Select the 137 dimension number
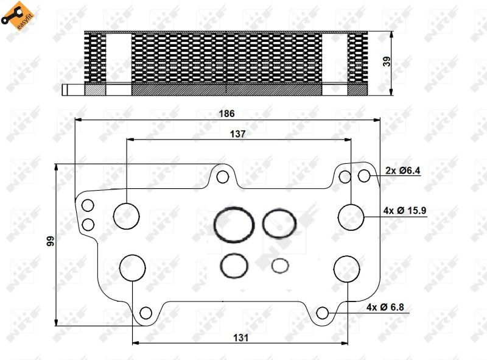coord(238,134)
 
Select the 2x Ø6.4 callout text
coord(402,171)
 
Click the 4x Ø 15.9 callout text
coord(405,211)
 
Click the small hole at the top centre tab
coord(223,177)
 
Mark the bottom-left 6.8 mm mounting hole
coord(145,313)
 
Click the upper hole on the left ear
coord(88,205)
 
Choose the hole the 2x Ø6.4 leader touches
coord(364,175)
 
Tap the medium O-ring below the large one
coord(234,265)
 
